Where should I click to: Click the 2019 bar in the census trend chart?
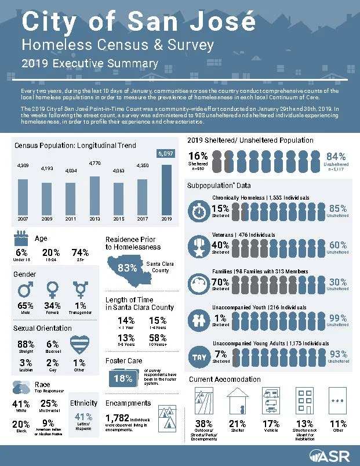(166, 193)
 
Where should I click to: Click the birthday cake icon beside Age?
(22, 239)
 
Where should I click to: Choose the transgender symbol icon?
(79, 288)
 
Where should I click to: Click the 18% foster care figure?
(122, 379)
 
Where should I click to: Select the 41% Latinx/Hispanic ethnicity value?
(84, 416)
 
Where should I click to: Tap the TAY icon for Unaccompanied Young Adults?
(200, 355)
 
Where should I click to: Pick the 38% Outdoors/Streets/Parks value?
(204, 424)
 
